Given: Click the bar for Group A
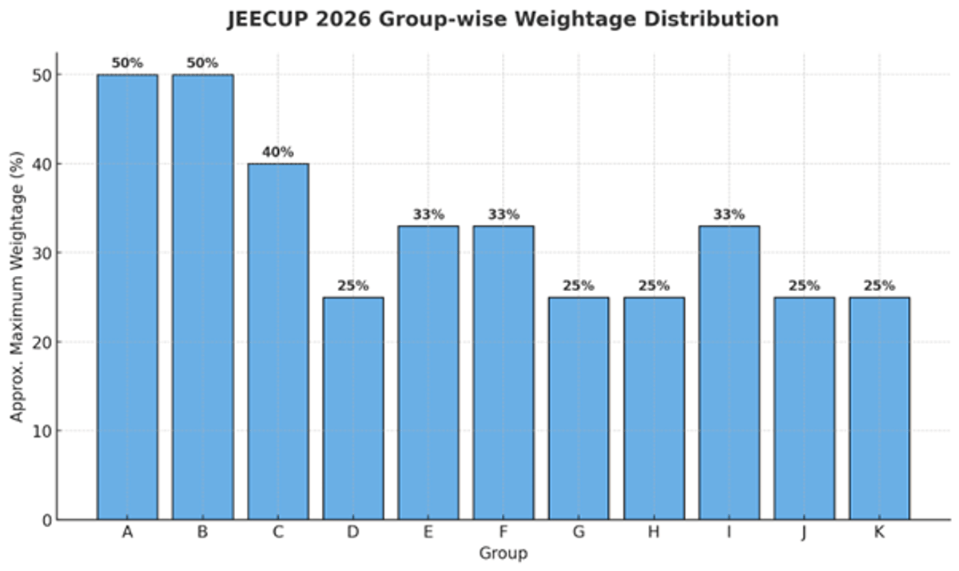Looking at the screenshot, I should (127, 297).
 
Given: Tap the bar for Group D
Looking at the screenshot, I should (352, 408).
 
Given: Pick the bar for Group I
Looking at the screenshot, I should (729, 373).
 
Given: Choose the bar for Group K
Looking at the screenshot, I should (879, 408).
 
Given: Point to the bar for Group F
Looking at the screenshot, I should (503, 373).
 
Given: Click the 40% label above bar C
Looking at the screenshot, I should (277, 152).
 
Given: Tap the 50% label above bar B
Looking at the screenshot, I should (202, 63).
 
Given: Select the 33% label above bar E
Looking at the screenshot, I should (428, 214).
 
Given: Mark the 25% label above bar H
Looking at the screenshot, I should (654, 285).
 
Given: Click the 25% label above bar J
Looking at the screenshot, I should (804, 285).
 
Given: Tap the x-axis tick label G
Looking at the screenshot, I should (579, 533).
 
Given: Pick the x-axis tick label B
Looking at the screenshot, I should (202, 533).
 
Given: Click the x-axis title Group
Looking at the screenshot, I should (503, 553).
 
